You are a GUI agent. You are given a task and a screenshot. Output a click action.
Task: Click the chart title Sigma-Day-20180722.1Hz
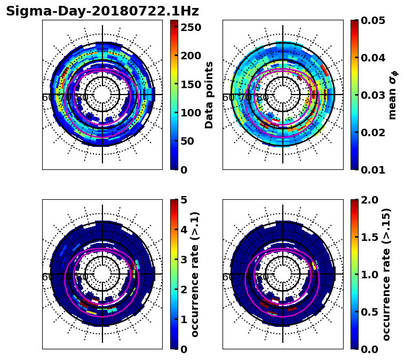click(102, 11)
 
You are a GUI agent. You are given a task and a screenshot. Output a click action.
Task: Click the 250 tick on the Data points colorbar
click(190, 27)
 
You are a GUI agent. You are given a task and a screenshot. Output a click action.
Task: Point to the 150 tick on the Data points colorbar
click(190, 84)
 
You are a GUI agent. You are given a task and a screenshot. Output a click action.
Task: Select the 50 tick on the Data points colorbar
click(190, 142)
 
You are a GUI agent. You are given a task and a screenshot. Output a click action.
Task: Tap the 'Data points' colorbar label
click(209, 95)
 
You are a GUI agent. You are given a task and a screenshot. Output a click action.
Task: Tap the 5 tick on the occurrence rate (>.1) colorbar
click(184, 200)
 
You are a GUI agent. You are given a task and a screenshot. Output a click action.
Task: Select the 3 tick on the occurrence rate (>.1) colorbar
click(184, 260)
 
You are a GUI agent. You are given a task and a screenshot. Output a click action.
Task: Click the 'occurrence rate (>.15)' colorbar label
click(386, 274)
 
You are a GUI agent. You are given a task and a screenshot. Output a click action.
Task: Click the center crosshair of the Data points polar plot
click(102, 95)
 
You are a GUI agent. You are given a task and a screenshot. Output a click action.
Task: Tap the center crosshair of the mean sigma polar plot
click(283, 95)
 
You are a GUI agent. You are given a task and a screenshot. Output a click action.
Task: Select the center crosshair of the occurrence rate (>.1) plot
click(102, 274)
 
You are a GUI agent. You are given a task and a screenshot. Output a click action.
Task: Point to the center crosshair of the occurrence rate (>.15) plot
click(283, 274)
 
